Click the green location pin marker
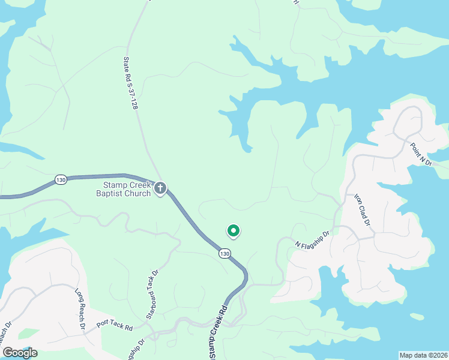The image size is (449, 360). pyautogui.click(x=233, y=230)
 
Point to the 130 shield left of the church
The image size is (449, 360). pyautogui.click(x=60, y=179)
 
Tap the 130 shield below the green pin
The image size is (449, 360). pyautogui.click(x=224, y=254)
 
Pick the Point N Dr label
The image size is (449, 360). pyautogui.click(x=421, y=154)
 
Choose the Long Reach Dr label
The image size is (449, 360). pyautogui.click(x=79, y=310)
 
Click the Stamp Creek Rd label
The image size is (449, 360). pyautogui.click(x=218, y=332)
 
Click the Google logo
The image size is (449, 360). pyautogui.click(x=20, y=352)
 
